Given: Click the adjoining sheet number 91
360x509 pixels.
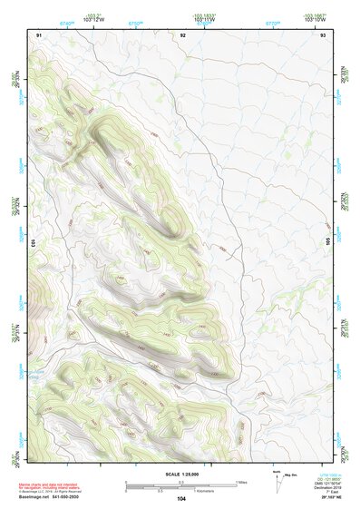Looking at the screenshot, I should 39,34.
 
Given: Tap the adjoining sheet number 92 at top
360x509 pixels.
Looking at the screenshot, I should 183,34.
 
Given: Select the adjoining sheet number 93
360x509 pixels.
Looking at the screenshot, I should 324,34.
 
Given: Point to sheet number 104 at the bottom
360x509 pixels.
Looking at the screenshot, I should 181,498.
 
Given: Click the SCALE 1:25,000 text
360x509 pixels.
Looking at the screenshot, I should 180,472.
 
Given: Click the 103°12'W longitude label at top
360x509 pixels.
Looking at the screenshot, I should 92,18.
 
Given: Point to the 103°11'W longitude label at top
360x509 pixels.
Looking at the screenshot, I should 208,18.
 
